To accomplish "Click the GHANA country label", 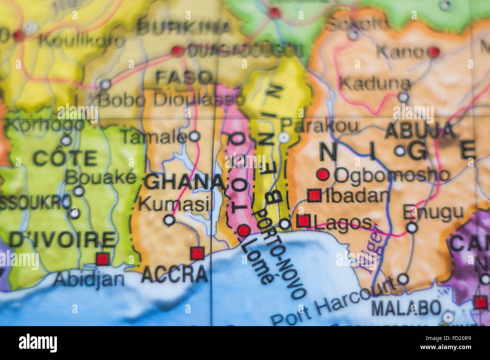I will pos(185,182).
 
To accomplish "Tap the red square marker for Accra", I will pos(197,253).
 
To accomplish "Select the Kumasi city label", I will pos(174,204).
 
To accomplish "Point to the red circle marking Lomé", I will pos(244,230).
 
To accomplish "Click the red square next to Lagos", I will pos(303,221).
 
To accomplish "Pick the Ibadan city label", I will pos(357,196).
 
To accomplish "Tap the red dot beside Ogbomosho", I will pos(323,174).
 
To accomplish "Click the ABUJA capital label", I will pos(420,131).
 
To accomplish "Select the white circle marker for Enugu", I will pos(412,227).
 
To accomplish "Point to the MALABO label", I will pos(406,308).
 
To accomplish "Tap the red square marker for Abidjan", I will pos(102,259).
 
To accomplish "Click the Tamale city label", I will pos(154,137).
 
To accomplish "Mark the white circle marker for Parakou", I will pos(284,137).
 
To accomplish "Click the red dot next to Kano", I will pos(435,52).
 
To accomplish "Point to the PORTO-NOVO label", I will pos(281,254).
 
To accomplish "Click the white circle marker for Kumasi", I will pos(169,220).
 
